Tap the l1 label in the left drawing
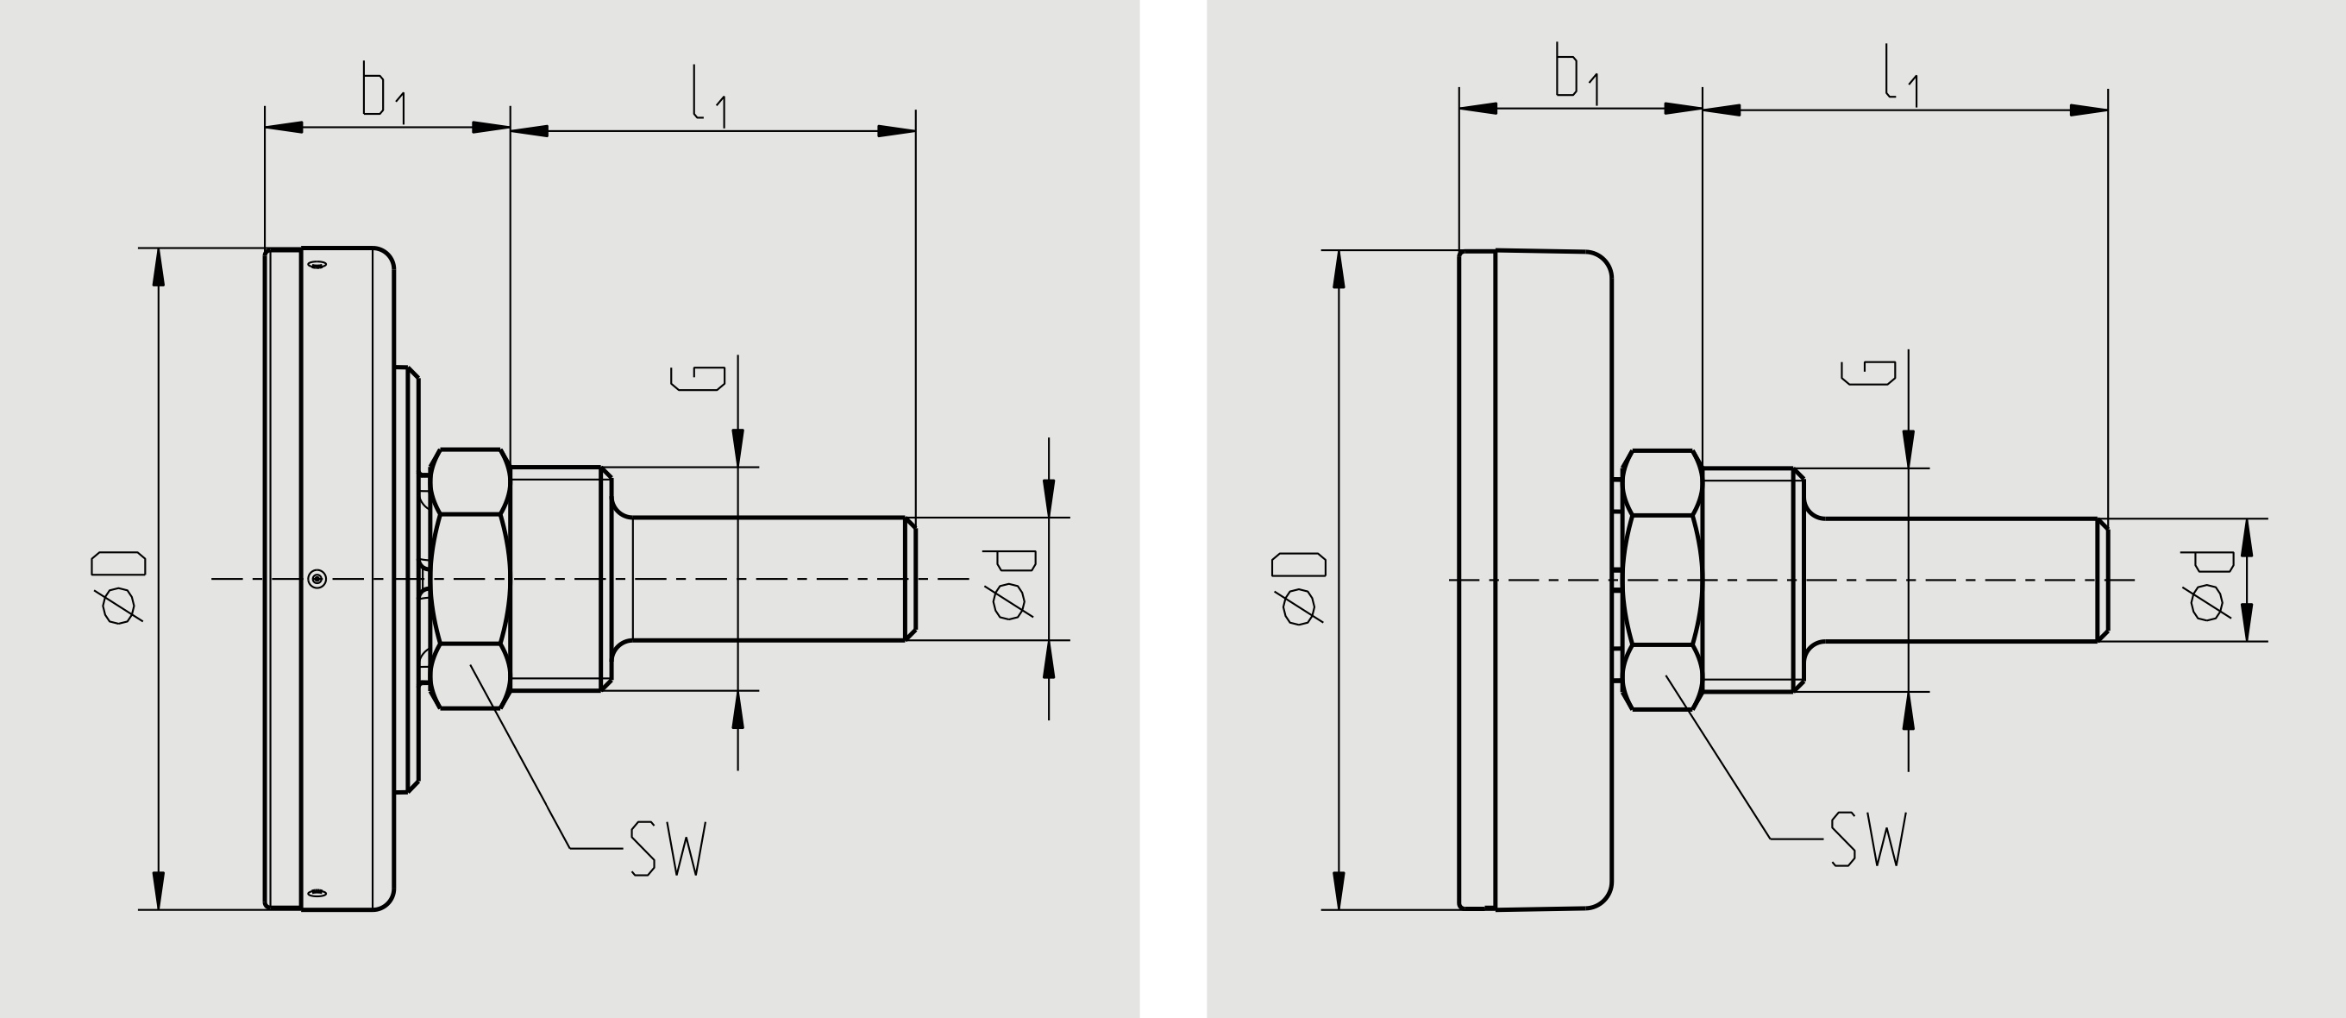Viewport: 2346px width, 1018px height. [708, 97]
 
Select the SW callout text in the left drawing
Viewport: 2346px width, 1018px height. [668, 849]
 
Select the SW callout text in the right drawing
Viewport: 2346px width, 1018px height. [1868, 839]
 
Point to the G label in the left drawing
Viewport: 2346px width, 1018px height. [698, 378]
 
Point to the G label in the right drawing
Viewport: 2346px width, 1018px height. [1868, 373]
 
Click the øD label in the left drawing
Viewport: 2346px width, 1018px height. [118, 588]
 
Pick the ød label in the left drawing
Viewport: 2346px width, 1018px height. [1009, 585]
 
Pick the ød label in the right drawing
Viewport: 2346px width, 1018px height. [2208, 586]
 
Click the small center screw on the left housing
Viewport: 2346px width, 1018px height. [317, 578]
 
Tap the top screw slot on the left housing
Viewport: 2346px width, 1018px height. [317, 265]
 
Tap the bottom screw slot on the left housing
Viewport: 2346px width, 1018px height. [316, 893]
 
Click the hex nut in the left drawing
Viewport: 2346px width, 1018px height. [469, 579]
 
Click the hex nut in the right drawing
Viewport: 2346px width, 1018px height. [1662, 580]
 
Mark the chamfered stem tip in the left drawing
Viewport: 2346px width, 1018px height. [910, 579]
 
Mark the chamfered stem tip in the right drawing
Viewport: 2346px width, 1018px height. [2103, 580]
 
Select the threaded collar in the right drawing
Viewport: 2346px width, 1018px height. [1748, 580]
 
